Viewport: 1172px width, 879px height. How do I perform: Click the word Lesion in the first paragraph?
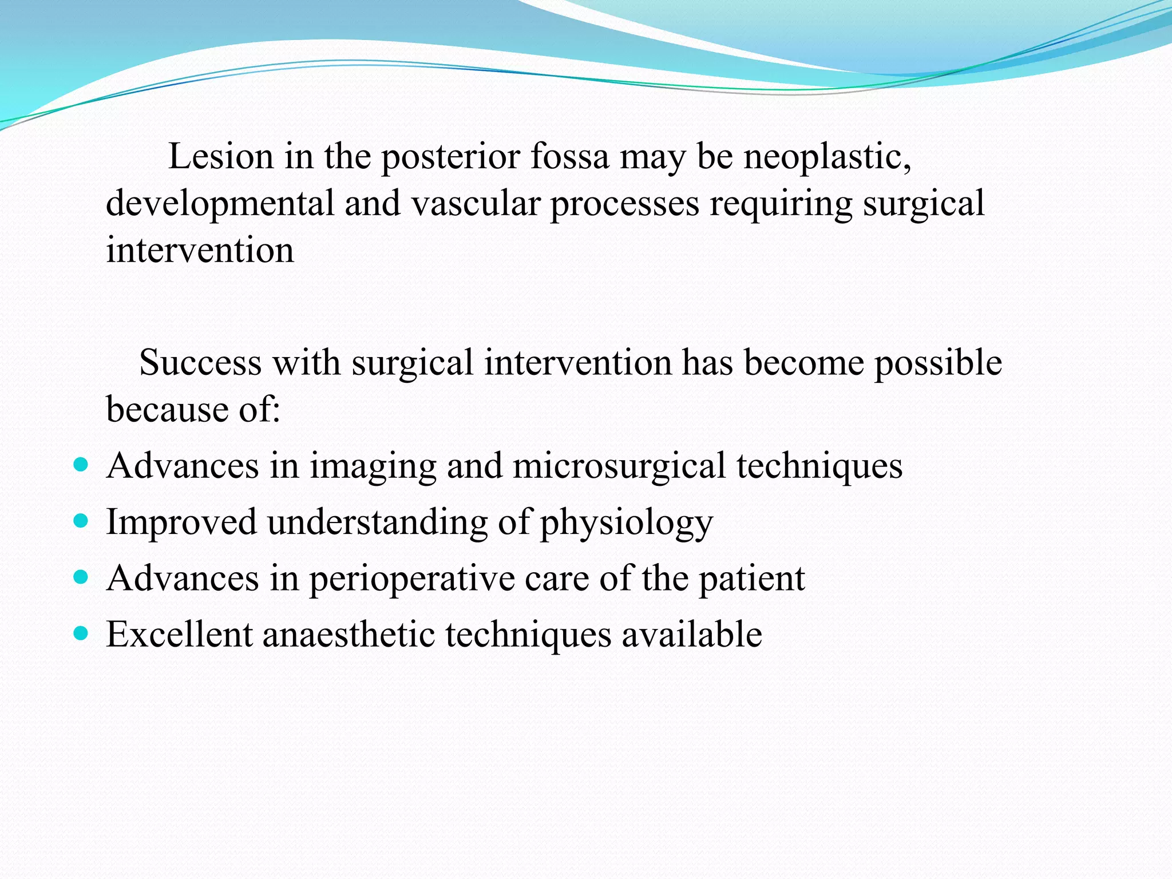(221, 156)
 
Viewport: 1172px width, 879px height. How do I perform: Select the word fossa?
(570, 156)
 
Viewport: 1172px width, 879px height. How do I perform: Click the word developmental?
(220, 204)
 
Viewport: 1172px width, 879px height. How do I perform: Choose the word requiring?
(781, 204)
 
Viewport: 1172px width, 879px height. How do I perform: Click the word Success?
(200, 362)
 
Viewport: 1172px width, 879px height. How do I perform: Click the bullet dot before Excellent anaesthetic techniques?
(82, 633)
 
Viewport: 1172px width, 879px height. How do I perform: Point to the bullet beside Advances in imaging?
(82, 464)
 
